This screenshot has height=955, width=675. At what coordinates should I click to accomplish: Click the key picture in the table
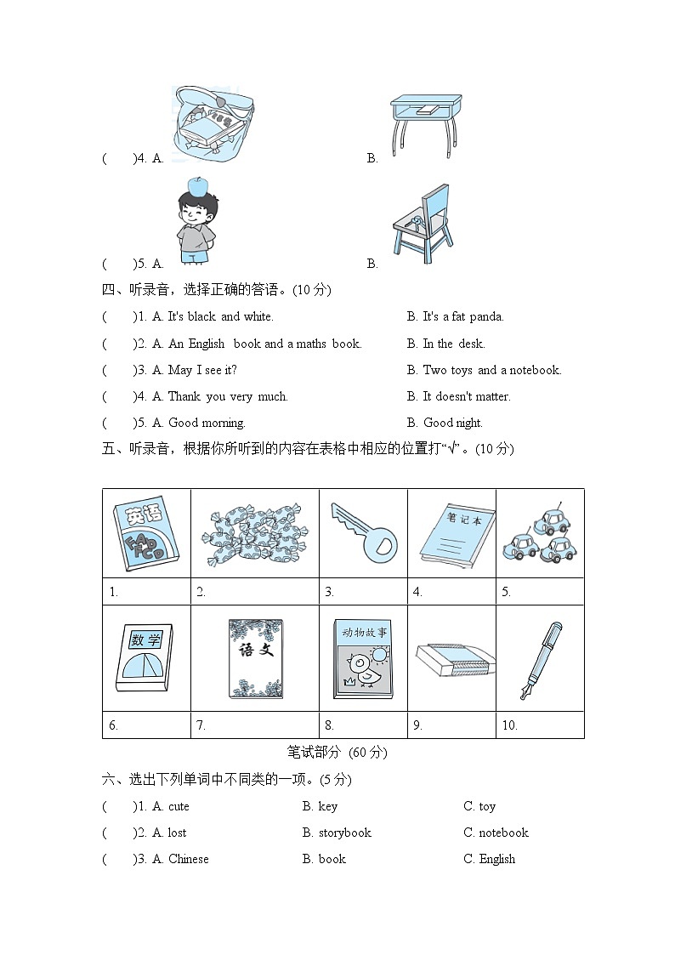click(x=363, y=532)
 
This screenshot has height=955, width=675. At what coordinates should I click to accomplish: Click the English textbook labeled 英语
click(x=145, y=533)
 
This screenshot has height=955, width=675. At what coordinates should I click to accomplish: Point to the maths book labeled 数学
click(x=144, y=658)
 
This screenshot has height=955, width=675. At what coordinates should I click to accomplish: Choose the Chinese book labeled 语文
click(x=255, y=659)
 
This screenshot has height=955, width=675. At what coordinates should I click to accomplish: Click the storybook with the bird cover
click(x=363, y=659)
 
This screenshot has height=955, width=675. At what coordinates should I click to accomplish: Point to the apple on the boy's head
click(x=197, y=185)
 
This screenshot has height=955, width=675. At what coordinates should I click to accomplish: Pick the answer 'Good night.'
click(x=452, y=423)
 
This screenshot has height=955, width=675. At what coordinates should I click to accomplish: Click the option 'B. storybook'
click(x=337, y=833)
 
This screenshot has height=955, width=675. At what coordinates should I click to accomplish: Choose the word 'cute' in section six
click(x=179, y=806)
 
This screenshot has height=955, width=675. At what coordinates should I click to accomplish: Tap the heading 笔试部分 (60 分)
click(x=337, y=752)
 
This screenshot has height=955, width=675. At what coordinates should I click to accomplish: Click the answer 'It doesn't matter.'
click(x=466, y=396)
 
